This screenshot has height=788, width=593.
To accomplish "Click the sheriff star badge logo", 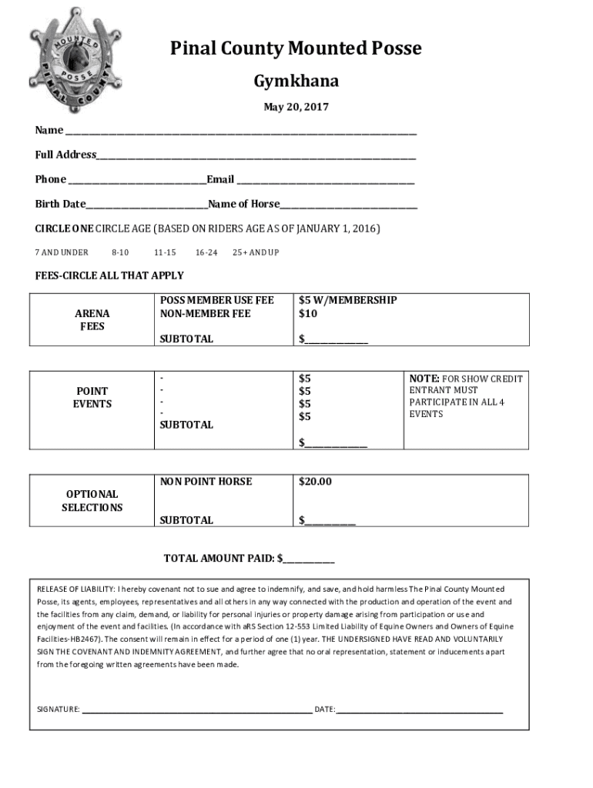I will pos(75,60).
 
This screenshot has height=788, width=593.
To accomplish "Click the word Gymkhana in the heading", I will pos(296,82).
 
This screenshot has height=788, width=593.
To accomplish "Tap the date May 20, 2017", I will pos(296,107).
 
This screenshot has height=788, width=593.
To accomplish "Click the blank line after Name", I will pos(240,132).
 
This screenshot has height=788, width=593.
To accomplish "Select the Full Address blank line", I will pos(256,157).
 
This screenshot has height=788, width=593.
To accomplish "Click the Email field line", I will pos(325,182).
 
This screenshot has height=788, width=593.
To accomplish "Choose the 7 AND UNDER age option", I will pos(62,252).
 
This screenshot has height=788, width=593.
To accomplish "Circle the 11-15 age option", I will pos(165,252).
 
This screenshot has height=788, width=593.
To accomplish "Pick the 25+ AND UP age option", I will pos(255,252).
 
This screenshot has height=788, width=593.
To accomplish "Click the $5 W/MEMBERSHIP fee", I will pos(348,300).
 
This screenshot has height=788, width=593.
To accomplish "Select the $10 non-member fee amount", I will pos(308,314).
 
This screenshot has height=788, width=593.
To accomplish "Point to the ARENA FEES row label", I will pos(92,320).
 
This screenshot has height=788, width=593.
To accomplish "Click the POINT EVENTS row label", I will pos(92,397).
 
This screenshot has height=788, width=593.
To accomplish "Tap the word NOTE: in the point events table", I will pos(424,379).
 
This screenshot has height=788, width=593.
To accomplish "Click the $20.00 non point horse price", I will pos(315,482).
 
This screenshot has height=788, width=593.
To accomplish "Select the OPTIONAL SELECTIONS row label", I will pos(92,501).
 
